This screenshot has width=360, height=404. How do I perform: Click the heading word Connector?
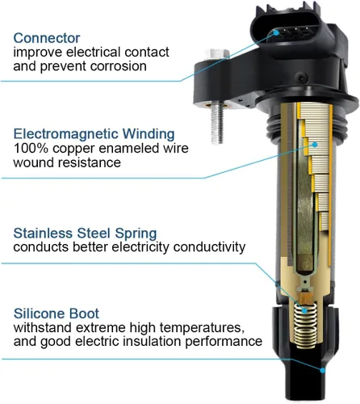tap(47, 38)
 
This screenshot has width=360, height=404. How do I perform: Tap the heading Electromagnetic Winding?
tap(94, 134)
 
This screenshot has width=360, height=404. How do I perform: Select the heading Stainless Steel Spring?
tap(85, 234)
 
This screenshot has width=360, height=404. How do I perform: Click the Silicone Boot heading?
tap(57, 314)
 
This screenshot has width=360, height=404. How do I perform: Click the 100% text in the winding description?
tap(31, 148)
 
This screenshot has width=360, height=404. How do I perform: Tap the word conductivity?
tap(209, 247)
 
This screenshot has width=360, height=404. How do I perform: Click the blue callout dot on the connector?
tap(276, 33)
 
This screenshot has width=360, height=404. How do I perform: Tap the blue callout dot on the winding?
tap(315, 145)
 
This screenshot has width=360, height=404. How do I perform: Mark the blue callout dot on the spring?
tap(304, 310)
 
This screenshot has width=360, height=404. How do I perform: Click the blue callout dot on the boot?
tap(323, 370)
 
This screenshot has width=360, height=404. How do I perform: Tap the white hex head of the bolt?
tap(217, 54)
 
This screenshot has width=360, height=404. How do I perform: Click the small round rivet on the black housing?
tap(302, 78)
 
